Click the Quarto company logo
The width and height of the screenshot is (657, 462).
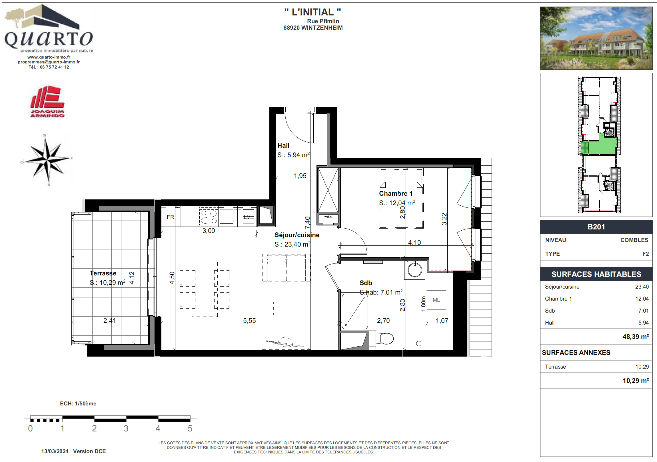(x=49, y=29)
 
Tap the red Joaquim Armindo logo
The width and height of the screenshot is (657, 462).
(x=47, y=102)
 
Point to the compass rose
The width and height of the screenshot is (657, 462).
(x=47, y=160)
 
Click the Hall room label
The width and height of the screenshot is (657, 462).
(x=283, y=145)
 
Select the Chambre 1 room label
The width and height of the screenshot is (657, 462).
(x=396, y=193)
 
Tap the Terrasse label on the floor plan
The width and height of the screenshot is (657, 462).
(x=103, y=273)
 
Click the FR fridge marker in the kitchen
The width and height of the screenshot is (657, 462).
(x=170, y=217)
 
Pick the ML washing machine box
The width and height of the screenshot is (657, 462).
(x=436, y=300)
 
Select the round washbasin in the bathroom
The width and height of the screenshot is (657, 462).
(x=415, y=270)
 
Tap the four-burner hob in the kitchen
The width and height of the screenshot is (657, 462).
(x=209, y=217)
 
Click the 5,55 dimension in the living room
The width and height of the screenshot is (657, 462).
(x=250, y=321)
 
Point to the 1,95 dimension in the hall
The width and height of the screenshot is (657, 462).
(x=300, y=176)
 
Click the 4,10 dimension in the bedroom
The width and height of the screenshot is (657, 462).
(x=414, y=243)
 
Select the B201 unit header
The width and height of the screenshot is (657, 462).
(x=596, y=227)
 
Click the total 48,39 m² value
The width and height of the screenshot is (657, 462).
(x=636, y=337)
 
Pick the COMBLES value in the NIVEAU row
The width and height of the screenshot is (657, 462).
(x=634, y=240)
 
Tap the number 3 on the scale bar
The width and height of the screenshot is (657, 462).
(x=126, y=429)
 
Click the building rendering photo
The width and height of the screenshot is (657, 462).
(x=596, y=38)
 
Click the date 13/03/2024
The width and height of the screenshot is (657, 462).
(x=55, y=451)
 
